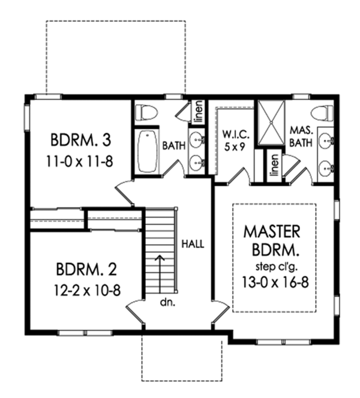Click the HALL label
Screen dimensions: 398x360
[x=193, y=244]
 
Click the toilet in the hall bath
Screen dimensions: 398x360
[x=144, y=112]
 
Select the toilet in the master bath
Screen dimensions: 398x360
[x=323, y=112]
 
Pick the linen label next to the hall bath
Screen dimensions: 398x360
[x=196, y=112]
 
